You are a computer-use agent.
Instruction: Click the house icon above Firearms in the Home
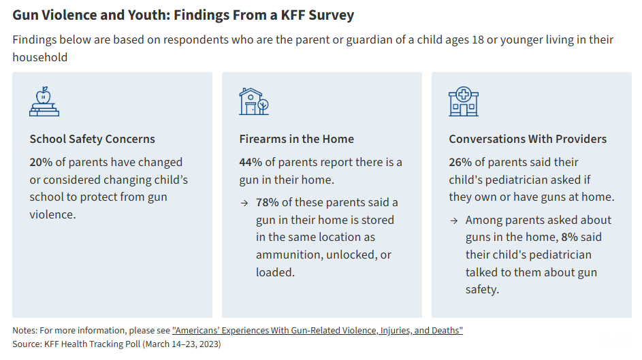253,101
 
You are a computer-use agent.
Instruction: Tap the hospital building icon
464,101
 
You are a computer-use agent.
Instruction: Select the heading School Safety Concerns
92,139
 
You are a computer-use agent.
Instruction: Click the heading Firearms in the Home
296,139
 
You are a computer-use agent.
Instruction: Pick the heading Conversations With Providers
528,139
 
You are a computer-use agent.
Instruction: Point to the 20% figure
41,163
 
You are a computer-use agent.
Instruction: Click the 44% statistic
251,163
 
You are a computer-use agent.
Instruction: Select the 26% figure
460,163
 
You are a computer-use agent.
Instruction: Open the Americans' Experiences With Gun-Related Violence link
317,330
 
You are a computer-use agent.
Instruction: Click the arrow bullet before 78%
244,203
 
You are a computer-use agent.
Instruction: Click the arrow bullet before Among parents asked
454,220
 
